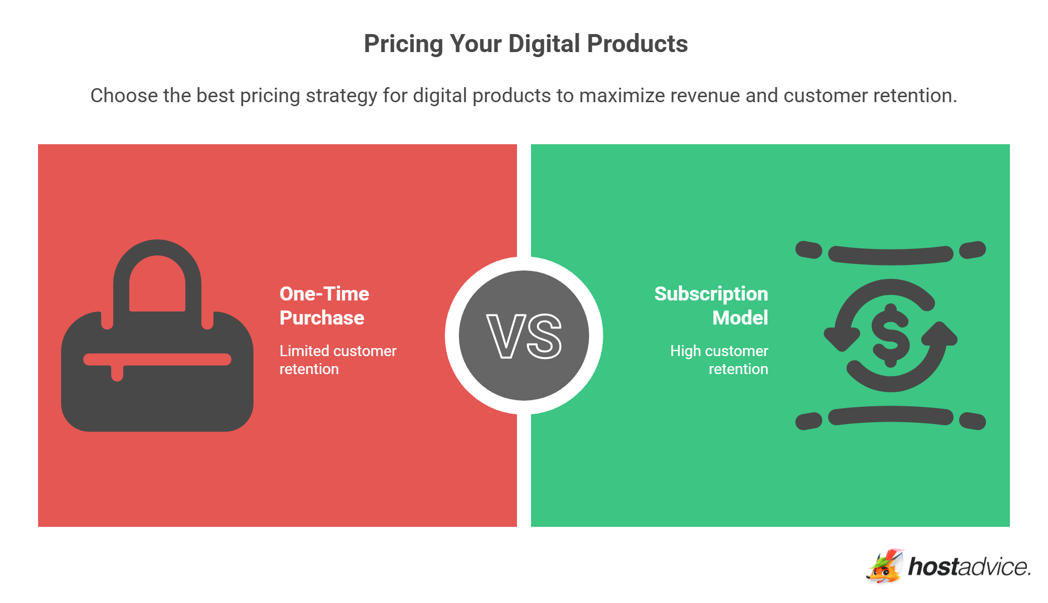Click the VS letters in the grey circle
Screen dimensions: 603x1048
coord(524,336)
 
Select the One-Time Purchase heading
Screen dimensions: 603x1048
coord(324,306)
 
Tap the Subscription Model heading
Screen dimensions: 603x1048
coord(711,306)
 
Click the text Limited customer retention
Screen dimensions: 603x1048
coord(338,360)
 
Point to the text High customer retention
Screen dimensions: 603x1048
coord(719,360)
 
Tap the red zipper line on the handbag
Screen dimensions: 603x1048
coord(157,360)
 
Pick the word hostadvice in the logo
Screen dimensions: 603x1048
coord(969,567)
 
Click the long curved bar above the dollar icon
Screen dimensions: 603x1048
coord(891,255)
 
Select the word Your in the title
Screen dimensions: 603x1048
coord(475,44)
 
